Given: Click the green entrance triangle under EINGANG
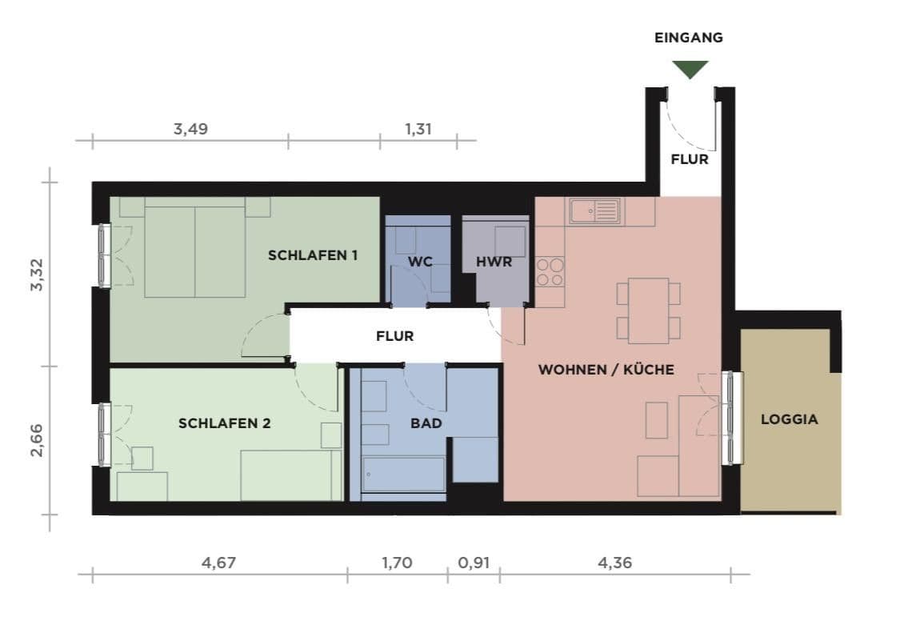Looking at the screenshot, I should coord(690,69).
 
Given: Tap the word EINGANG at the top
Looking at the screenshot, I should coord(689,38).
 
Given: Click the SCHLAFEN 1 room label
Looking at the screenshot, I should coord(312,255).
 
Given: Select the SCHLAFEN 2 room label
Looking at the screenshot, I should coord(224,423).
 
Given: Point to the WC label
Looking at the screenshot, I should coord(421,262).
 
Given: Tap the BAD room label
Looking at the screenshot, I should coord(426,423).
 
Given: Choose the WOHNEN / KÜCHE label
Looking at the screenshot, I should coord(606,370).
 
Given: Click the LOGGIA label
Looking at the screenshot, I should coord(789,419).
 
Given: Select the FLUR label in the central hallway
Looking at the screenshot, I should coord(395,336).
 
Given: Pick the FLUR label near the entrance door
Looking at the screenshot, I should coord(690,159).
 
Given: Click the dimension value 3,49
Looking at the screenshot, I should coord(190,128).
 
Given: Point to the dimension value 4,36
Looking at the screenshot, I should coord(614,563).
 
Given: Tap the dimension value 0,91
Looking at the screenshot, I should coord(473,563).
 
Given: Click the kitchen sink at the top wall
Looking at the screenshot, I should coord(595,212).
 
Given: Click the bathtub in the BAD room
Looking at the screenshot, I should coord(403,474).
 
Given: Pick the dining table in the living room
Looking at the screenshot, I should coord(648,310).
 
